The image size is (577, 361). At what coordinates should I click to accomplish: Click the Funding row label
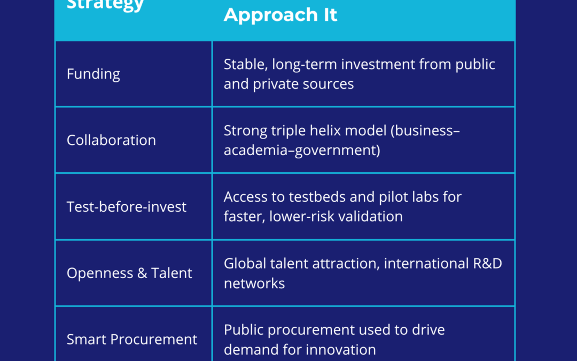point(93,74)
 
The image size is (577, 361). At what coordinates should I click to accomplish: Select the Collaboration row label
point(111,140)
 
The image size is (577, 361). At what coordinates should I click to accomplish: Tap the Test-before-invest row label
point(127,206)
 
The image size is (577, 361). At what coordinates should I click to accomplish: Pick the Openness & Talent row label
point(129,273)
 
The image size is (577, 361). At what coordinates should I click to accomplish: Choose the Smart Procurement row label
point(132,339)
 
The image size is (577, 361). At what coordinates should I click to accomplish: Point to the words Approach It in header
point(280,15)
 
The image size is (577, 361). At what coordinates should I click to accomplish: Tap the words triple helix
point(306,131)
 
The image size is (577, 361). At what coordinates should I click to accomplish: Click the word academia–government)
point(302,150)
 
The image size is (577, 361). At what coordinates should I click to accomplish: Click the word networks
point(254,283)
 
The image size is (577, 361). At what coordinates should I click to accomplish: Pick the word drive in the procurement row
point(425,330)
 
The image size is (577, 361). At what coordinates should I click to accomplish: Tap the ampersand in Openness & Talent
point(142,273)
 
